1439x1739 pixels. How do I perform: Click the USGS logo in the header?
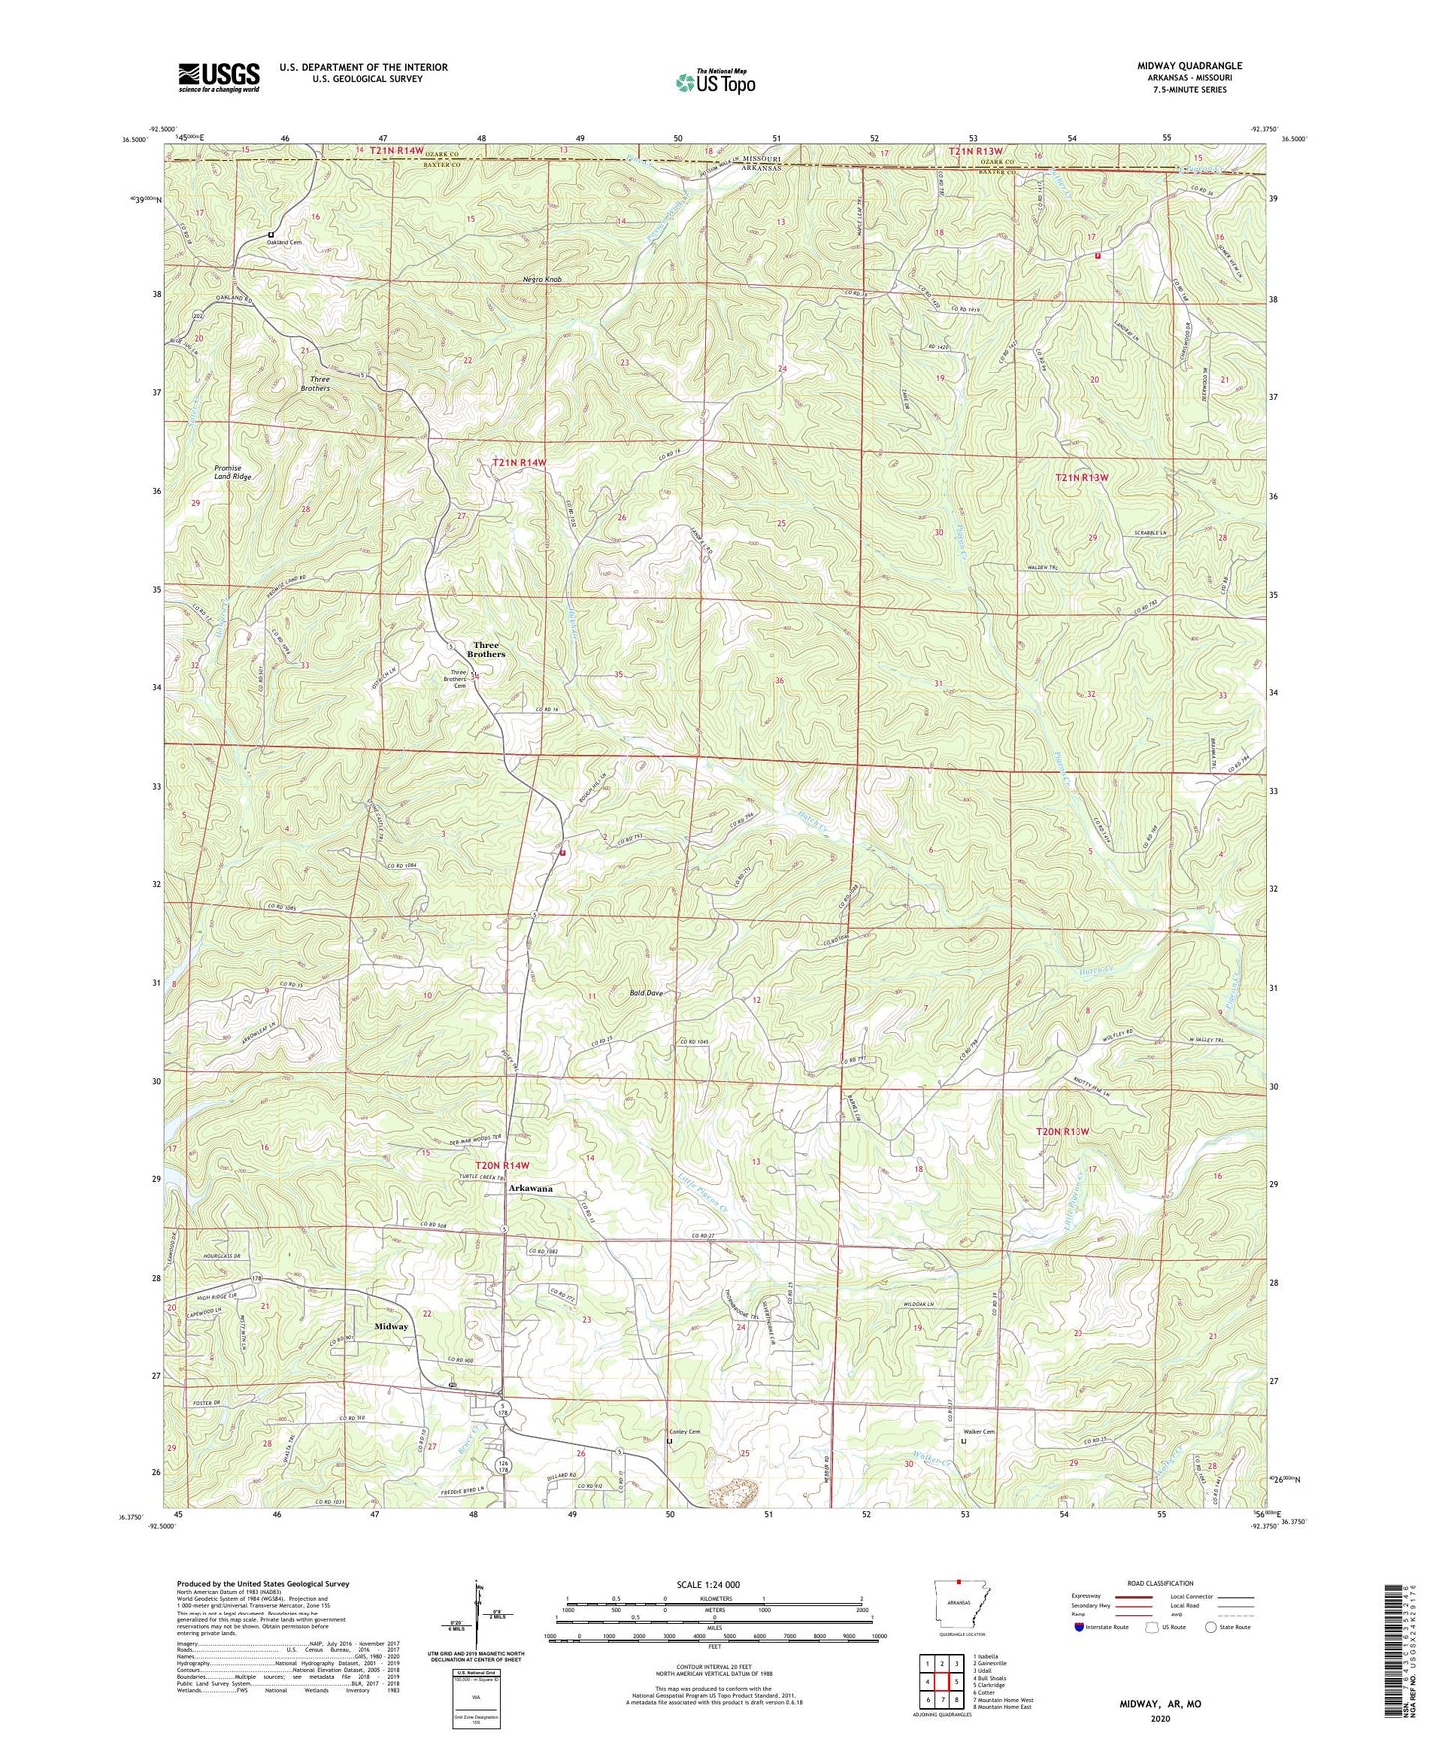218,76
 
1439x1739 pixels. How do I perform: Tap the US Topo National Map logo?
714,81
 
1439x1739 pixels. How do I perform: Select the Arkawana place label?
530,1189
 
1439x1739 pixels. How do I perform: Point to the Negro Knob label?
542,280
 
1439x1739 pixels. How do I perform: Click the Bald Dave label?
646,993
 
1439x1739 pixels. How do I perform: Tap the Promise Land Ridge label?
233,473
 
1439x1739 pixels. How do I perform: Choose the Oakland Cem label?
284,242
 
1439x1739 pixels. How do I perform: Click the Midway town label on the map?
391,1327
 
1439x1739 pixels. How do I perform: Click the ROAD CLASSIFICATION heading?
1160,1583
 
